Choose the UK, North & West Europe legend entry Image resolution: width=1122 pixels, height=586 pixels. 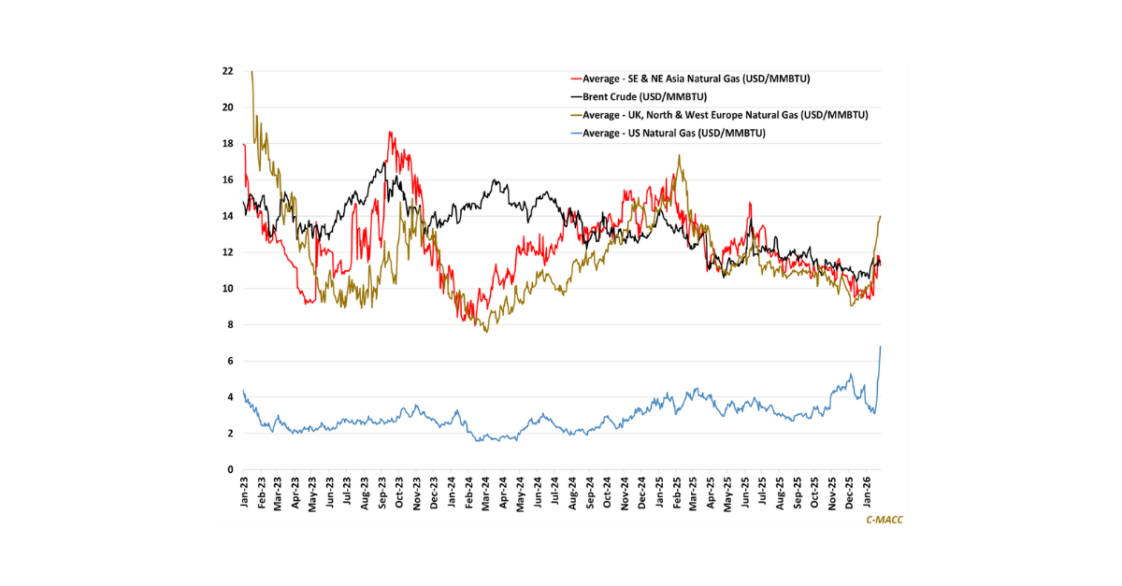(x=725, y=115)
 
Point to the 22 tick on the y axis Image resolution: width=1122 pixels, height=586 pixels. (x=228, y=71)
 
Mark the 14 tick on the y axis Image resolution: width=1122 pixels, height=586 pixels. (x=228, y=216)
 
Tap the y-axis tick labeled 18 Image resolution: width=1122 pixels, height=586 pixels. (x=228, y=144)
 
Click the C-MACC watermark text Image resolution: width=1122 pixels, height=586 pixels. (x=884, y=520)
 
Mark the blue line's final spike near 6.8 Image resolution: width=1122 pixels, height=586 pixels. (x=881, y=347)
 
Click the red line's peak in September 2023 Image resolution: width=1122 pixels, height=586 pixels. (x=389, y=132)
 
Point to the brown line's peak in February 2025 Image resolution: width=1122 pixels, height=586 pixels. (x=680, y=155)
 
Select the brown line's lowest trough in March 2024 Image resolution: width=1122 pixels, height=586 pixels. (x=486, y=332)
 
